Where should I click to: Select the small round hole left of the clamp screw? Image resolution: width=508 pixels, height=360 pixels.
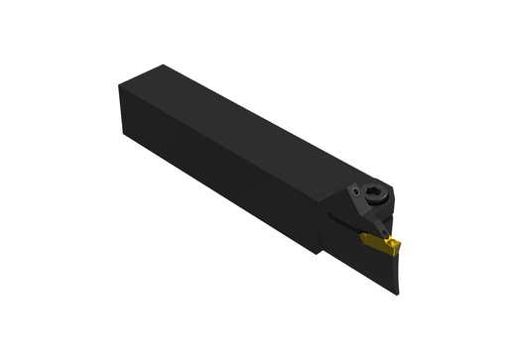pyautogui.click(x=355, y=190)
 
